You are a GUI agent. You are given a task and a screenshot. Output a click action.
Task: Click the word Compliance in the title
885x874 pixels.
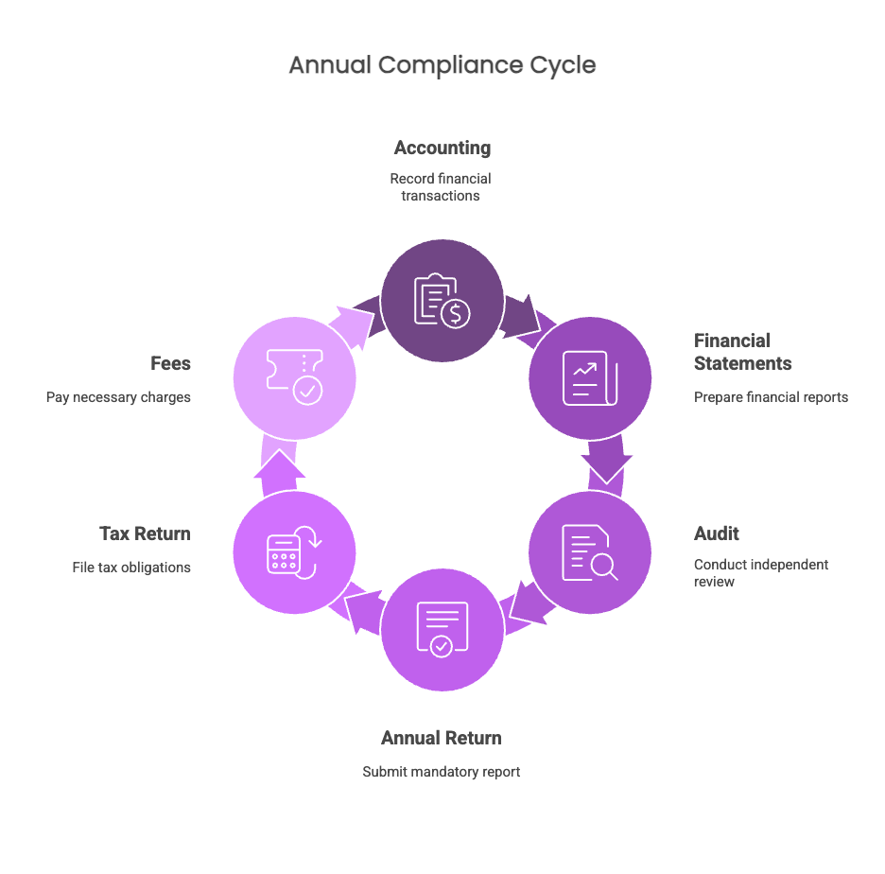[x=450, y=66]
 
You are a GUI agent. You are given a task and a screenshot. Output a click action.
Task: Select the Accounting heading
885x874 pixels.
[x=442, y=149]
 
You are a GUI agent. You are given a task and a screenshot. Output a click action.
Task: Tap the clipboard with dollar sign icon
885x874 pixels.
[x=442, y=301]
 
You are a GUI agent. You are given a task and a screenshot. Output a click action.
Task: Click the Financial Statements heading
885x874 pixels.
[x=743, y=352]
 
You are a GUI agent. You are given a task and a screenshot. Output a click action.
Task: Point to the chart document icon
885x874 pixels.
[x=590, y=377]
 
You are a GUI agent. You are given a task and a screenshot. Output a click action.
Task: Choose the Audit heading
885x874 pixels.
[x=717, y=533]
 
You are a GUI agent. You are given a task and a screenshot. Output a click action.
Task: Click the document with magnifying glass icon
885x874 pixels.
[x=590, y=552]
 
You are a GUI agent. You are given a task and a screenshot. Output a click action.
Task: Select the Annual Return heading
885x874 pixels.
[x=442, y=738]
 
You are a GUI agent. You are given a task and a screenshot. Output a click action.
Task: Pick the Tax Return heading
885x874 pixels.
[x=145, y=533]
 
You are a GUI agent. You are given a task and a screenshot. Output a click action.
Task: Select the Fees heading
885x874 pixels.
[x=170, y=363]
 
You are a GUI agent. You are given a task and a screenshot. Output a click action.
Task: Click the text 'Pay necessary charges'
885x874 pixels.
[x=118, y=397]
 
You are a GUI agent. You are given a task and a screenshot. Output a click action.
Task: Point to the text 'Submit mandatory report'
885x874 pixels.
[x=442, y=772]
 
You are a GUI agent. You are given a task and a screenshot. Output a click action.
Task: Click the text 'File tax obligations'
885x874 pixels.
[x=131, y=568]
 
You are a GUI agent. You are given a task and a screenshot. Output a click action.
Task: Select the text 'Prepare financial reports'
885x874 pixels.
[x=771, y=397]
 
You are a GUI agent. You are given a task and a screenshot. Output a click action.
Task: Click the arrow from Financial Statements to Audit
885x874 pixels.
[x=607, y=459]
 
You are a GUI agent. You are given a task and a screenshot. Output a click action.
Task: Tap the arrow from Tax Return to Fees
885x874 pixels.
[x=279, y=468]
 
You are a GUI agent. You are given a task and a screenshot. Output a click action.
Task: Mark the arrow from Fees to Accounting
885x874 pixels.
[x=354, y=325]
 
